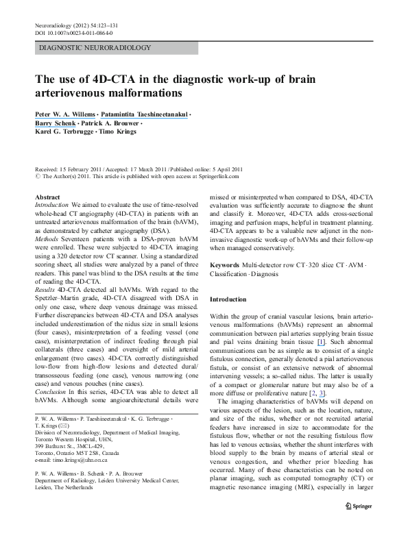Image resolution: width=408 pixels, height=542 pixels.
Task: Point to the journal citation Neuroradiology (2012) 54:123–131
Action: [x=75, y=25]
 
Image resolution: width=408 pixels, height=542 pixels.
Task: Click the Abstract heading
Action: [x=47, y=197]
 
